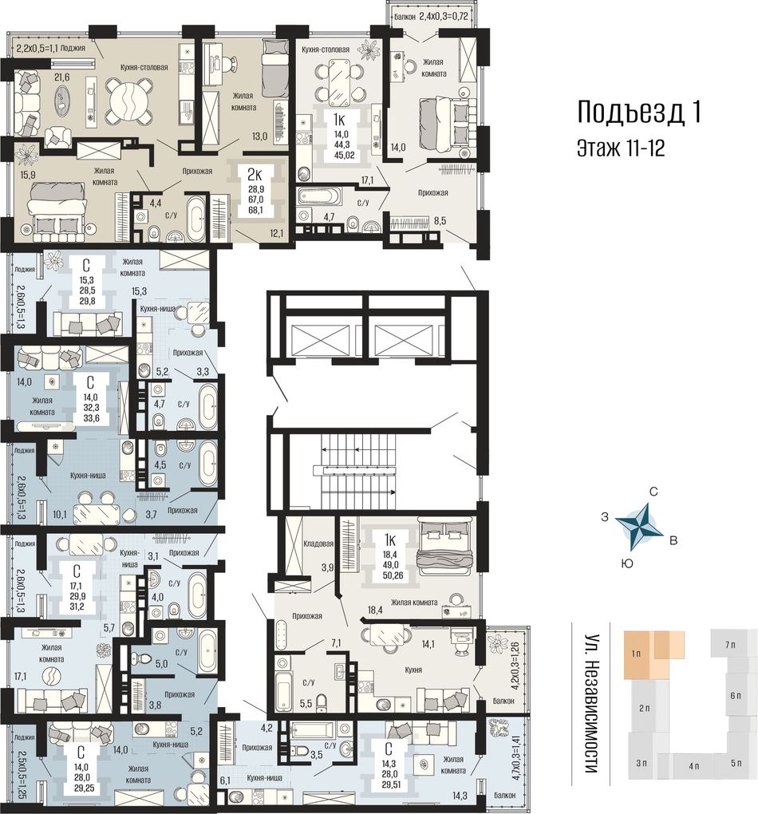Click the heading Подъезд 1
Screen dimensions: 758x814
639,113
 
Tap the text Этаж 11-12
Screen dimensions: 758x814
621,148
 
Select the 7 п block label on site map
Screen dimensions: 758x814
731,645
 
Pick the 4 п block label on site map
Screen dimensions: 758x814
693,766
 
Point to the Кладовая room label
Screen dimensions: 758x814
318,543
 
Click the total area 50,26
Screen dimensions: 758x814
393,575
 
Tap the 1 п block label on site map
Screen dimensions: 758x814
637,654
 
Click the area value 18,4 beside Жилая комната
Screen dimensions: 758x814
375,610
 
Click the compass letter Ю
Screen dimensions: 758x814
627,563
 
